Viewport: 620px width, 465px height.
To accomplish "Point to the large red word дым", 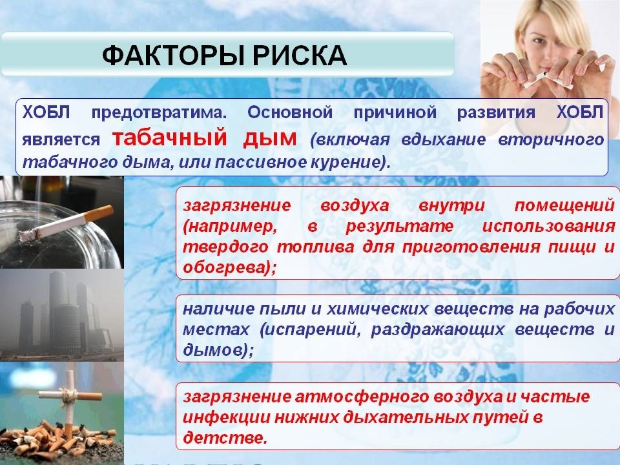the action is click(270, 138).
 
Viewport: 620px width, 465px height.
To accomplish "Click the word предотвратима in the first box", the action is click(159, 113).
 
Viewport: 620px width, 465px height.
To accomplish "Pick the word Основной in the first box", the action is click(290, 112).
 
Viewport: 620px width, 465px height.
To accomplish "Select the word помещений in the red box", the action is click(564, 206).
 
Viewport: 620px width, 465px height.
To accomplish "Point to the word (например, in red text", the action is click(229, 227).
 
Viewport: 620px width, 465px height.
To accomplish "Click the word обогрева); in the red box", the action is click(229, 267).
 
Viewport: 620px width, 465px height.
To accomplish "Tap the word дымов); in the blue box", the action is click(218, 349).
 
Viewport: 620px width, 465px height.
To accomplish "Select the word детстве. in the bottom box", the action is click(225, 437).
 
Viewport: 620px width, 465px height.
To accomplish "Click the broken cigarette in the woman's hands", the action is click(548, 81).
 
